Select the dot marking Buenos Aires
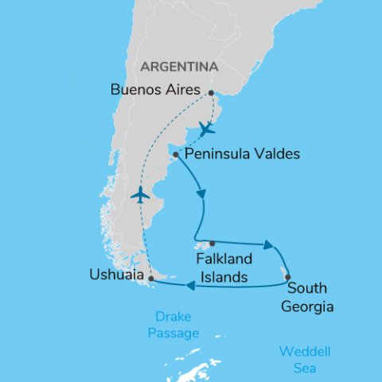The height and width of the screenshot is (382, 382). coord(211,93)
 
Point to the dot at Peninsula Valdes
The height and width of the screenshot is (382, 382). coord(175,154)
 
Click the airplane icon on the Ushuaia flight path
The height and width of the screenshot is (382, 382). coord(140,194)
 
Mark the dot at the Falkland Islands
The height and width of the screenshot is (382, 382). coord(211,244)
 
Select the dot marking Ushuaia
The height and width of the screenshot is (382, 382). coord(150,279)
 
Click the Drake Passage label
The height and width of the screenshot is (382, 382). coord(173,325)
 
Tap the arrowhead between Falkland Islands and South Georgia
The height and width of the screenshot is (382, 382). coord(269,245)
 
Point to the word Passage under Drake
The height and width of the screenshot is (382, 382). coord(173,333)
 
